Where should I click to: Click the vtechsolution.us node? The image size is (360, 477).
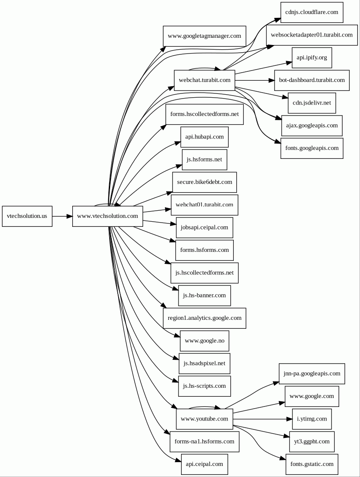pos(27,216)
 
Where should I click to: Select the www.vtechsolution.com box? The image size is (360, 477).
pos(108,216)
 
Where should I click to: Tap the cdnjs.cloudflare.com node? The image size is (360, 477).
pos(312,12)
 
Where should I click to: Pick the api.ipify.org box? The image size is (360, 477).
pos(312,58)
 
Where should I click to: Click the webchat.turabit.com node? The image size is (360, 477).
pos(204,80)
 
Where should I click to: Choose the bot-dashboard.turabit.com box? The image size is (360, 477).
pos(312,80)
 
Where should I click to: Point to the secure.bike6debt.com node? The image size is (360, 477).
pos(204,182)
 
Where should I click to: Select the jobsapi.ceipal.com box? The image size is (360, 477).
pos(204,228)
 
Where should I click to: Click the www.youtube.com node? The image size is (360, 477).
pos(204,419)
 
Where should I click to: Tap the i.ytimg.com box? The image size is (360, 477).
pos(312,419)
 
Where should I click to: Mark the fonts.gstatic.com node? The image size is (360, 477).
pos(312,464)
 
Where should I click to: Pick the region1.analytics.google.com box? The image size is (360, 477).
pos(204,318)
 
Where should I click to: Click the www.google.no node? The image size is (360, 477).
pos(204,341)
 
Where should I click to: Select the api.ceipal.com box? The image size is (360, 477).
pos(204,464)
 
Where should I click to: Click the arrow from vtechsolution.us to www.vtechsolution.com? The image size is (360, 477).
pos(62,216)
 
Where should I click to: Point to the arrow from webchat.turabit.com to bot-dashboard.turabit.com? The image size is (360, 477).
pos(255,80)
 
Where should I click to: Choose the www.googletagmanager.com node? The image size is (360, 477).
pos(204,36)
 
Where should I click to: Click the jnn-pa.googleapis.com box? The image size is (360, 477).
pos(312,373)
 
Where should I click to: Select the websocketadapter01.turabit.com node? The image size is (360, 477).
pos(312,35)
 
